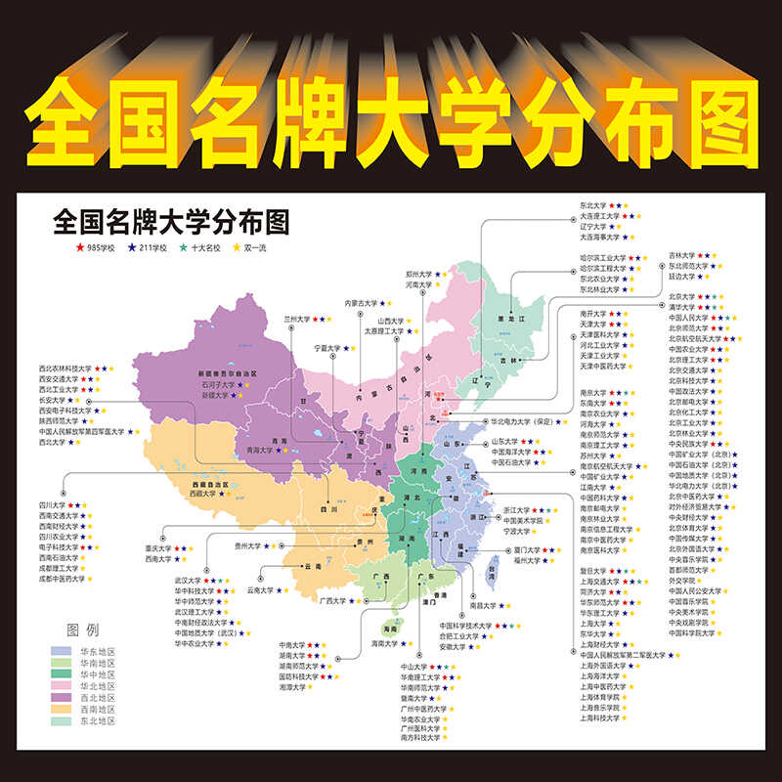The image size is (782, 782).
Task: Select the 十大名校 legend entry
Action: pos(202,248)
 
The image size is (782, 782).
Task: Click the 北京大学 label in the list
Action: pos(682,296)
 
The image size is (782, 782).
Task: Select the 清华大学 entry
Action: pos(682,307)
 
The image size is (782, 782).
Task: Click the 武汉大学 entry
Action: pos(188,580)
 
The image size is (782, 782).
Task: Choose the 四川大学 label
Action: pos(53,505)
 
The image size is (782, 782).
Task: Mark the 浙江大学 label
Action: pos(517,509)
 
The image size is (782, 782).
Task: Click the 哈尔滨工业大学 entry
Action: pos(602,257)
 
